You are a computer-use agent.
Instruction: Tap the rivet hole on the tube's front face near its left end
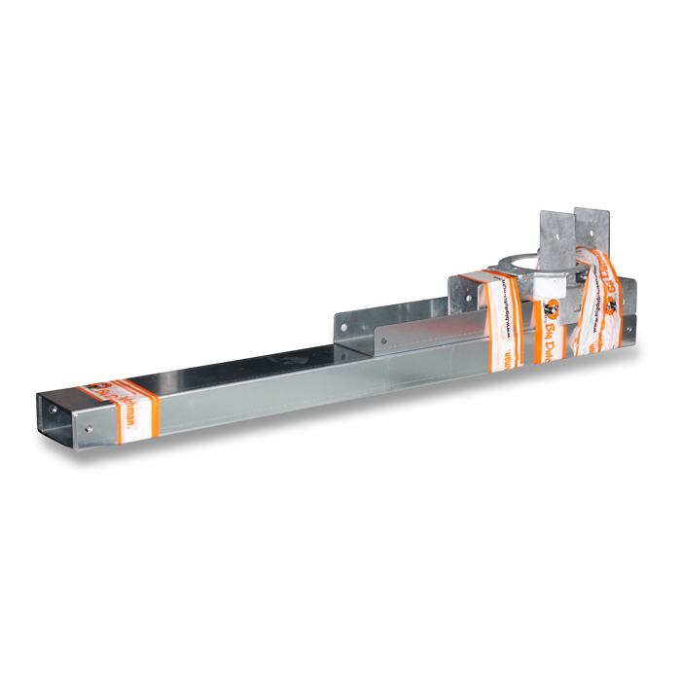coord(90,426)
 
